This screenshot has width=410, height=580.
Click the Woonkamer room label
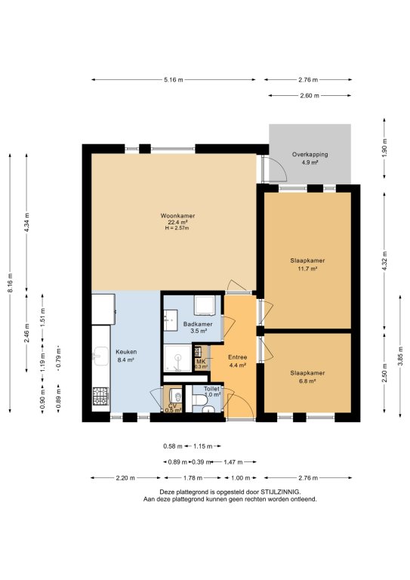click(x=177, y=216)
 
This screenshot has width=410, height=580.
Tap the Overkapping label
click(x=310, y=155)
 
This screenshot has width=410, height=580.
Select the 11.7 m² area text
click(x=307, y=269)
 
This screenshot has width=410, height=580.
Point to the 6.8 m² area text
click(x=307, y=381)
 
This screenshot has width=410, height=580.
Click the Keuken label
click(x=126, y=352)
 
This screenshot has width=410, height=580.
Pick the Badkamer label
click(x=198, y=325)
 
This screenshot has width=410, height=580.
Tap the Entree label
click(x=237, y=357)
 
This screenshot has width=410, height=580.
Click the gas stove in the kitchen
click(x=100, y=396)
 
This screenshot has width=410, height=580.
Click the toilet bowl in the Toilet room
click(x=200, y=400)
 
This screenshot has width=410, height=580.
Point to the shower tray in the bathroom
click(x=178, y=358)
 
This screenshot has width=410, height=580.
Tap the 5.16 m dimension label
click(x=174, y=79)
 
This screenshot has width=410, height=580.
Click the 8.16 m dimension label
click(x=11, y=283)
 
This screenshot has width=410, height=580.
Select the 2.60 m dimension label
click(x=310, y=95)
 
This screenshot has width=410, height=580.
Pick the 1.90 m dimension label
click(x=384, y=148)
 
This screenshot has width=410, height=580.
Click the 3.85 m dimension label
click(x=400, y=356)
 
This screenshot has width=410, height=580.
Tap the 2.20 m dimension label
click(x=125, y=478)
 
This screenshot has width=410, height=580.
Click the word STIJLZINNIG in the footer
click(x=281, y=492)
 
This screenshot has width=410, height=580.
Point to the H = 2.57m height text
click(x=177, y=228)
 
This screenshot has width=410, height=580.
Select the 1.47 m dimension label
click(x=233, y=462)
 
